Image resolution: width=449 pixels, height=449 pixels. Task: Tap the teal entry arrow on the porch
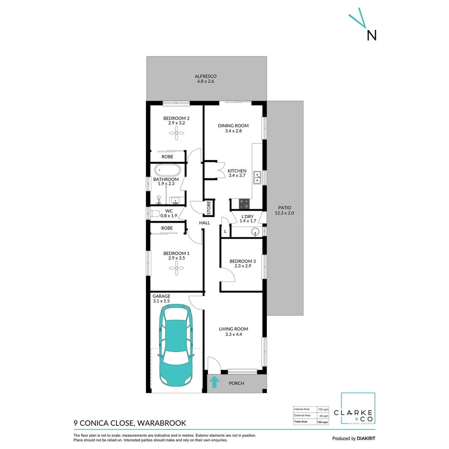tap(215, 382)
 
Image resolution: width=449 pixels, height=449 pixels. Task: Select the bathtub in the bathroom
tap(168, 170)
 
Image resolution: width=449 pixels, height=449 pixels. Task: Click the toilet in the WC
tap(155, 214)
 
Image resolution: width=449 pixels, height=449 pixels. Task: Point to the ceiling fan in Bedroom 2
tap(176, 133)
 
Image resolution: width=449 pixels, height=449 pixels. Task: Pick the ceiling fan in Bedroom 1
tap(176, 268)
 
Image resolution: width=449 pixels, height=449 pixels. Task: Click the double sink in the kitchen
tap(257, 178)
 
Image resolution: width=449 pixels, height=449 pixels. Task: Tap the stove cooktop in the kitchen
tap(244, 204)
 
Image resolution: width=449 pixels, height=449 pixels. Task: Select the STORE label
tap(209, 207)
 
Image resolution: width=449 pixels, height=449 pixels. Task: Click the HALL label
tap(205, 223)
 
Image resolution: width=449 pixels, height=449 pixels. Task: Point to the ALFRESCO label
tap(206, 76)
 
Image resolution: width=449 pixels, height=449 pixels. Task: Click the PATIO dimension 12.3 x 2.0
tap(284, 213)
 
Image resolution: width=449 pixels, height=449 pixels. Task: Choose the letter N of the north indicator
tap(371, 35)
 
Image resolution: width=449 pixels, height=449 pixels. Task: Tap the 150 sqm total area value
tap(323, 422)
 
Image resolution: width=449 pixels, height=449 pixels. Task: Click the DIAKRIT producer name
tap(366, 439)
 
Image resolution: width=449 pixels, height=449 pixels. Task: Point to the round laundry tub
tap(255, 232)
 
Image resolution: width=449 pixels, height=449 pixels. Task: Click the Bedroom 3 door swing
tap(227, 274)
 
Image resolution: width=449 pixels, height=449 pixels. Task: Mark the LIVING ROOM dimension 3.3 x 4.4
tap(233, 334)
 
